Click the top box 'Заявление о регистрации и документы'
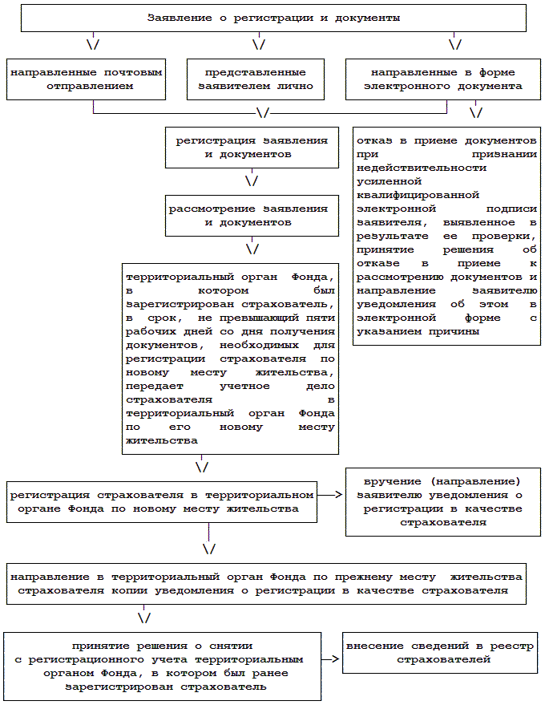click(x=273, y=18)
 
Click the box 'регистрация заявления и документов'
click(x=252, y=147)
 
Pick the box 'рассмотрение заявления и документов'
click(x=252, y=215)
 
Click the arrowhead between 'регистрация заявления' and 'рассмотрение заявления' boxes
click(x=252, y=181)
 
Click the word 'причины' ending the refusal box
click(x=453, y=331)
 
